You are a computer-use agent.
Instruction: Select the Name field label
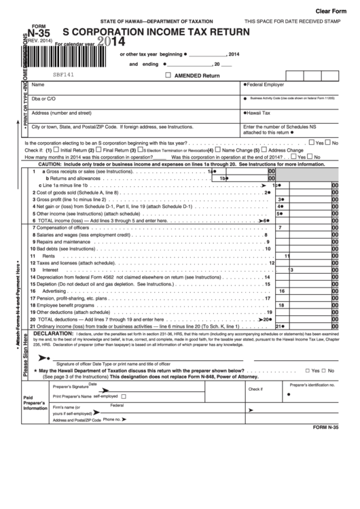point(38,85)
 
